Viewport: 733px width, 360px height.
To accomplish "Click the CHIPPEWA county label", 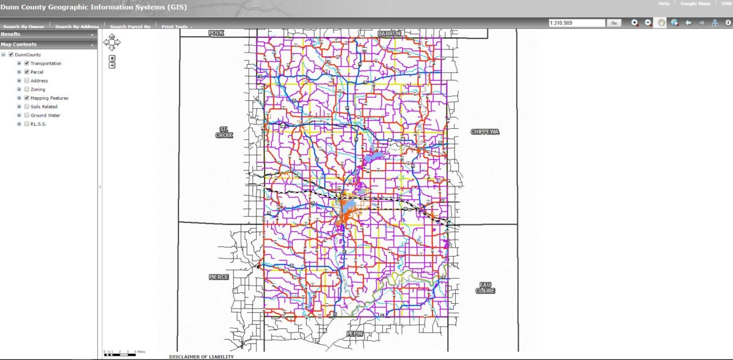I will pyautogui.click(x=486, y=131).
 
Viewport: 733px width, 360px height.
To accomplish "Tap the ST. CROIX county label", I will pyautogui.click(x=224, y=132).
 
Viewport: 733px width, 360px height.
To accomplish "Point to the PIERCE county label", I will pyautogui.click(x=219, y=277).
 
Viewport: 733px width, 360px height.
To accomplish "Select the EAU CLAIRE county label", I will pyautogui.click(x=486, y=287).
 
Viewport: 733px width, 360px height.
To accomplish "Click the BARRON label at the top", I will pyautogui.click(x=389, y=34).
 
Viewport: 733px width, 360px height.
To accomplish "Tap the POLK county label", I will pyautogui.click(x=216, y=33).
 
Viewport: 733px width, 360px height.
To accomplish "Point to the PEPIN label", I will pyautogui.click(x=355, y=333).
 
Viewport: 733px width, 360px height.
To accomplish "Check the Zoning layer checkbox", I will pyautogui.click(x=27, y=89).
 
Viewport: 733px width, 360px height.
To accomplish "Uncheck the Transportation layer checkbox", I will pyautogui.click(x=27, y=64).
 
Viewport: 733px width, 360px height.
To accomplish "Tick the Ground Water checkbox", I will pyautogui.click(x=27, y=115).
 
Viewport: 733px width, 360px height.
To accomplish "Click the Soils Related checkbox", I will pyautogui.click(x=27, y=106).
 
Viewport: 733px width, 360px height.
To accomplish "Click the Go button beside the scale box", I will pyautogui.click(x=614, y=23).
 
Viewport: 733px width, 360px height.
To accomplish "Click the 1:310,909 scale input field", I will pyautogui.click(x=576, y=23).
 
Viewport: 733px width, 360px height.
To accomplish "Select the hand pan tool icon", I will pyautogui.click(x=661, y=23).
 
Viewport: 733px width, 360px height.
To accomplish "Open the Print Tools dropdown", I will pyautogui.click(x=177, y=27).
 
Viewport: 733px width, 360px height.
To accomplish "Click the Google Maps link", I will pyautogui.click(x=695, y=4).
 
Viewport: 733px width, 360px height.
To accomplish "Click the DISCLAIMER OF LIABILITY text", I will pyautogui.click(x=201, y=357).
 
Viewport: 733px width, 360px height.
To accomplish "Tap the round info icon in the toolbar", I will pyautogui.click(x=728, y=23).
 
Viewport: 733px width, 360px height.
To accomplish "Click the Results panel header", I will pyautogui.click(x=48, y=35).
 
